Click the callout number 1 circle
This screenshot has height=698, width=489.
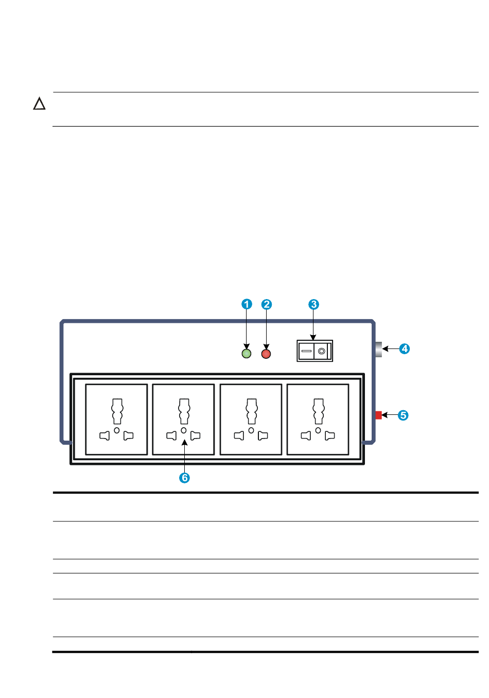tap(247, 304)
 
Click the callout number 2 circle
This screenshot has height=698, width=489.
tap(266, 304)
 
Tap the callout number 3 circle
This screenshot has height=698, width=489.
tap(313, 304)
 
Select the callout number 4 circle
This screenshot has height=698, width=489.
tap(405, 348)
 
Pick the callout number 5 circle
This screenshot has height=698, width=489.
tap(403, 415)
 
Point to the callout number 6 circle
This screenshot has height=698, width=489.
tap(184, 478)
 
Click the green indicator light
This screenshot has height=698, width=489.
tap(247, 354)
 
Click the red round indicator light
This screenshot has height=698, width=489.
tap(266, 354)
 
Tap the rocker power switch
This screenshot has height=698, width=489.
tap(315, 351)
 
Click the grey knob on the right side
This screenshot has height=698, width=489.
tap(378, 349)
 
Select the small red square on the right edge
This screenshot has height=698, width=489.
tap(378, 415)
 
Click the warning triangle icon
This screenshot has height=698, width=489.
tap(39, 104)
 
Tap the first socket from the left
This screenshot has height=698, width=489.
tap(116, 420)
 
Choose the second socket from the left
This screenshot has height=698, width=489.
tap(183, 420)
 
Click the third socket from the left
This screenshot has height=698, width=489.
tap(251, 420)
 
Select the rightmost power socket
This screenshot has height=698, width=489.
tap(318, 420)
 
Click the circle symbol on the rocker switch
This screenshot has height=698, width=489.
tap(322, 351)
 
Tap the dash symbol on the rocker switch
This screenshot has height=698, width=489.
tap(306, 351)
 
